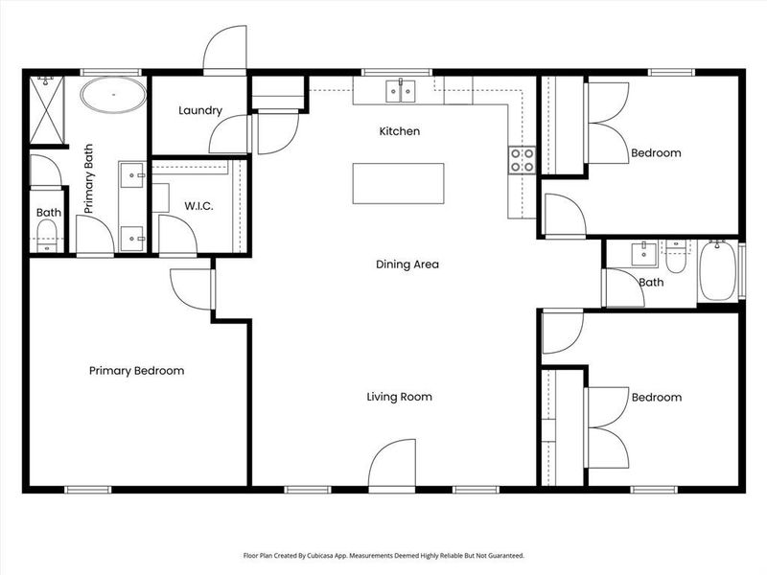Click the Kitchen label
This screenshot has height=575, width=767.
[x=400, y=131]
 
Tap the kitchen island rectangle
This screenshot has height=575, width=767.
[x=399, y=183]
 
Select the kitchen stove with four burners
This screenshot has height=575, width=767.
[x=522, y=160]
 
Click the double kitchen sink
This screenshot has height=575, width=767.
[x=401, y=91]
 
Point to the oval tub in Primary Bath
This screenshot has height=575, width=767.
[x=113, y=96]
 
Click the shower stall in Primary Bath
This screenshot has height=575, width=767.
[x=47, y=109]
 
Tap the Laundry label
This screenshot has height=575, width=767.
[x=200, y=111]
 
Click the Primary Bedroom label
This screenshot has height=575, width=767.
[x=136, y=371]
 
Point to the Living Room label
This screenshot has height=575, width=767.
[x=399, y=397]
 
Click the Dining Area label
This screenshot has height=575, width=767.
[x=407, y=264]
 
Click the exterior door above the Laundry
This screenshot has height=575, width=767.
[x=224, y=49]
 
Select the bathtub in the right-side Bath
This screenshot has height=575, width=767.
[x=718, y=271]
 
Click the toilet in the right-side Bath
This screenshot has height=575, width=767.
[x=676, y=257]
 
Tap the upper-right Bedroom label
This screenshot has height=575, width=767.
[x=656, y=153]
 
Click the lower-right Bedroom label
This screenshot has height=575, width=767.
[x=656, y=398]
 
